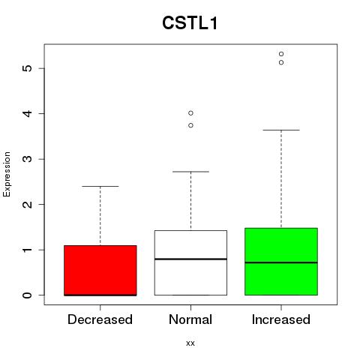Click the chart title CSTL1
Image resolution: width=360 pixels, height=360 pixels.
tap(190, 23)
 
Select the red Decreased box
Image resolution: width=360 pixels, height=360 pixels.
tap(100, 270)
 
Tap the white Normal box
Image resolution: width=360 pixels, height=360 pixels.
tap(190, 262)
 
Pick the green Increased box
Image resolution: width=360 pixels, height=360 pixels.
tap(281, 262)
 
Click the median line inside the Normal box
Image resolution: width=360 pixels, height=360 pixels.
tap(190, 259)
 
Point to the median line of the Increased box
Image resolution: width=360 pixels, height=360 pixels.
tap(281, 262)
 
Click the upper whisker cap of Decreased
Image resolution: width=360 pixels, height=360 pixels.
tap(100, 186)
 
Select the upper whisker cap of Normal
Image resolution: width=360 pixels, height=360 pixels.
tap(190, 172)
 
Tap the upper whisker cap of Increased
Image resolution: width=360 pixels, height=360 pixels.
tap(281, 130)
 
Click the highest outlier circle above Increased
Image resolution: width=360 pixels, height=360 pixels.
tap(281, 54)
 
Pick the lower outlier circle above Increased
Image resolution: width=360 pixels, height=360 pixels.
tap(281, 62)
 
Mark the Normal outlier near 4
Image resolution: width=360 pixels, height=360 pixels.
tap(190, 113)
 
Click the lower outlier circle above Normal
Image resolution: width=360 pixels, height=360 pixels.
tap(190, 125)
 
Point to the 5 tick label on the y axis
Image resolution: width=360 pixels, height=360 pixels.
tap(28, 68)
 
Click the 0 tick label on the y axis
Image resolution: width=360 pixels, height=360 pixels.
tap(28, 295)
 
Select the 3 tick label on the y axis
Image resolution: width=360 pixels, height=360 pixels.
tap(28, 159)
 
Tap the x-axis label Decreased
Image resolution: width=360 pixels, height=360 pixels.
tap(100, 319)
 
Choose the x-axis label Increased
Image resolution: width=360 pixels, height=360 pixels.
tap(281, 319)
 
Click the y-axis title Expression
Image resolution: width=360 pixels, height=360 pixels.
tap(7, 174)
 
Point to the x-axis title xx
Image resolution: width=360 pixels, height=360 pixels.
tap(190, 343)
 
